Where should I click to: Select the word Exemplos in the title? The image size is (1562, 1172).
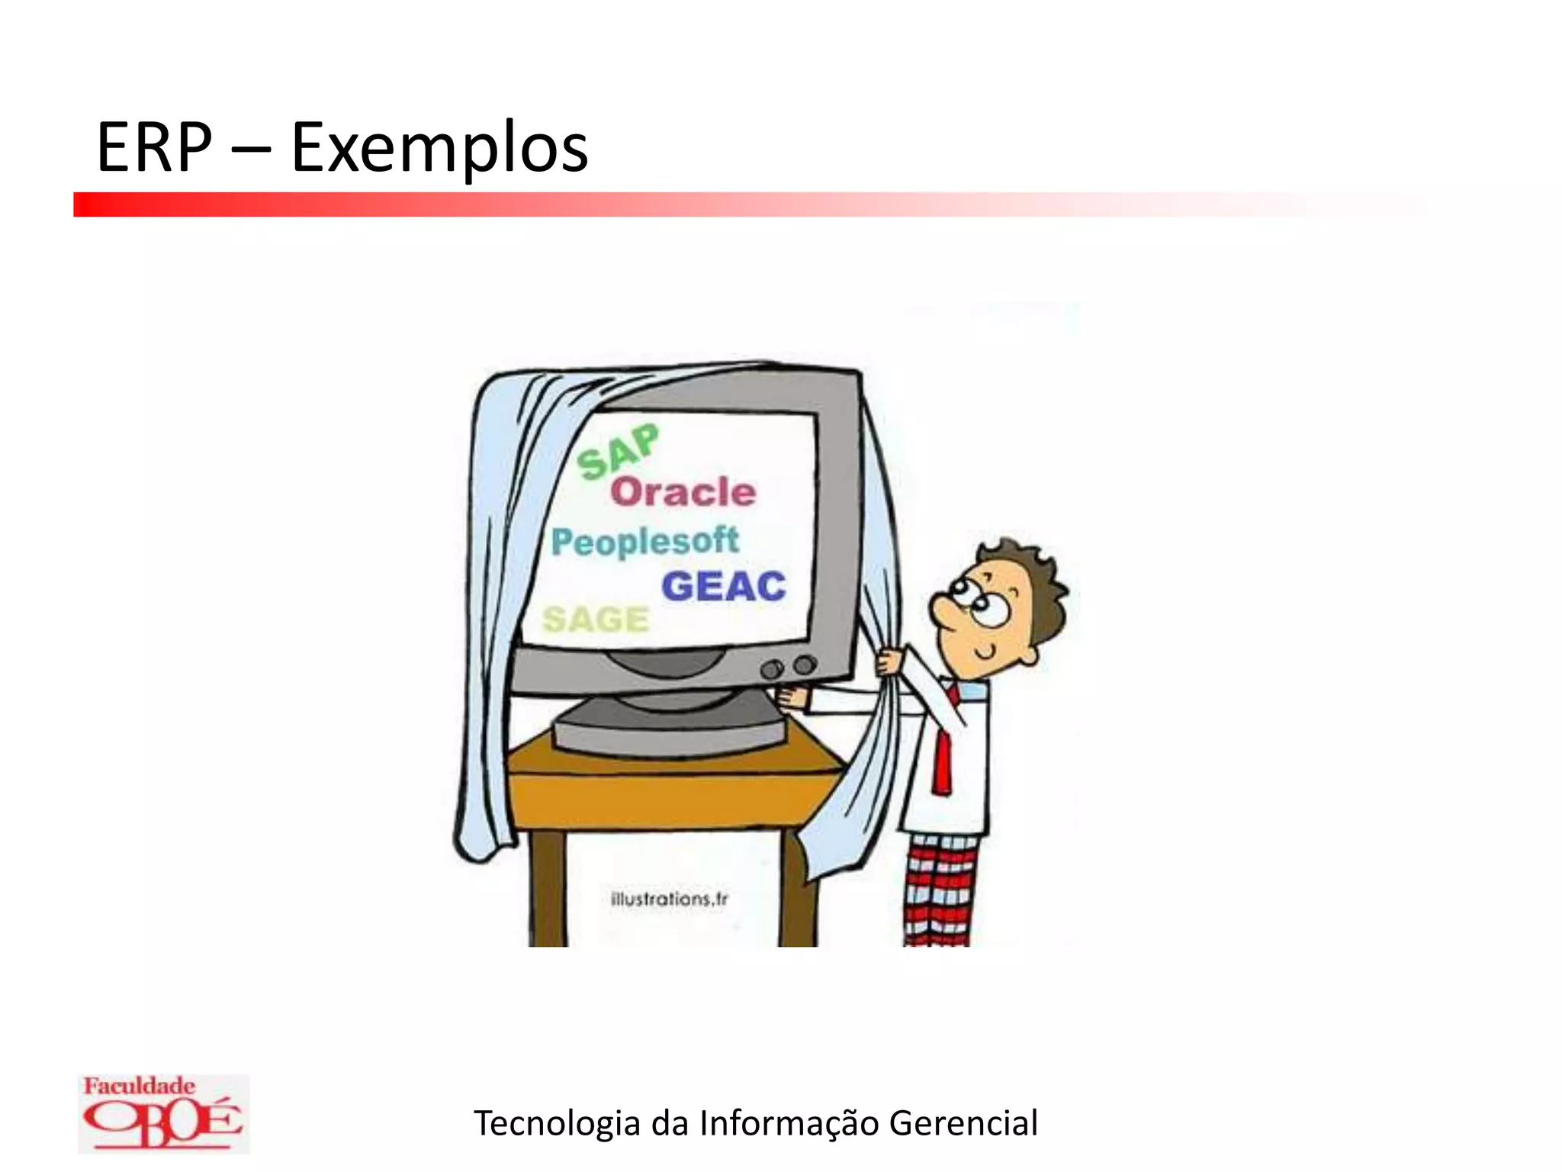pyautogui.click(x=439, y=149)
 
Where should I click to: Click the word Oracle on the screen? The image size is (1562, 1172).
pyautogui.click(x=683, y=492)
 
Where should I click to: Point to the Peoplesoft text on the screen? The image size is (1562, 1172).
pyautogui.click(x=644, y=542)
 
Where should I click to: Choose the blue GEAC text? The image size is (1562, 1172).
pyautogui.click(x=723, y=586)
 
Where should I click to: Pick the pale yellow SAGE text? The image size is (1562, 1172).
pyautogui.click(x=595, y=619)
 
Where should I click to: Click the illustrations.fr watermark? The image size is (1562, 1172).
pyautogui.click(x=669, y=899)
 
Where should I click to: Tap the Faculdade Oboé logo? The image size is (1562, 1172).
pyautogui.click(x=162, y=1113)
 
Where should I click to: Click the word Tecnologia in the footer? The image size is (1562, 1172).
pyautogui.click(x=557, y=1123)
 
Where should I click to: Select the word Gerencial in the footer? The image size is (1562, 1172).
pyautogui.click(x=963, y=1123)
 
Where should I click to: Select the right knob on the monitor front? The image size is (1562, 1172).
pyautogui.click(x=804, y=665)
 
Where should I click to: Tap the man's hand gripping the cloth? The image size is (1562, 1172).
pyautogui.click(x=890, y=660)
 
